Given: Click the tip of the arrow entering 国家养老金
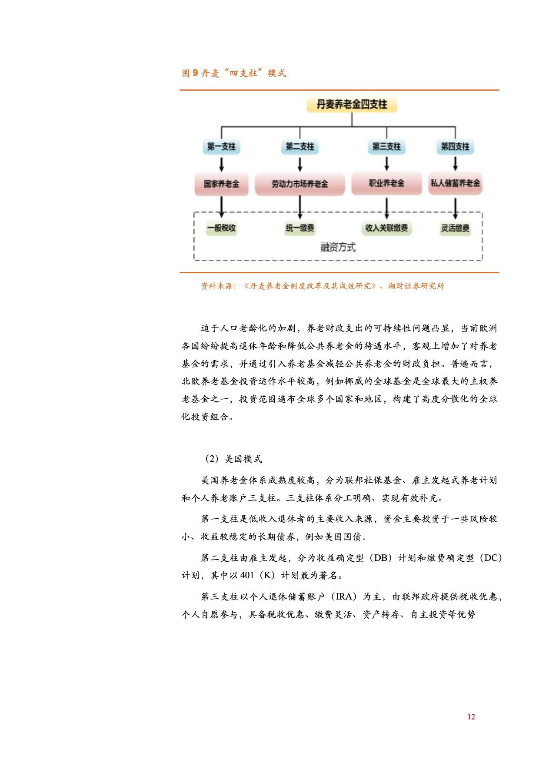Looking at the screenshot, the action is [222, 172].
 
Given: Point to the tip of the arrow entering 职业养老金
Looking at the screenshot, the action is [386, 171].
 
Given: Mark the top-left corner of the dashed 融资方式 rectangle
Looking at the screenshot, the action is [194, 212].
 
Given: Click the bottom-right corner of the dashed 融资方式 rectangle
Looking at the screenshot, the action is [482, 261].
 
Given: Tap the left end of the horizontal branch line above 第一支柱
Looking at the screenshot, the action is [222, 127].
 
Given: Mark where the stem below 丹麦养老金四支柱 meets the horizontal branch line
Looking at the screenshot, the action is [352, 127].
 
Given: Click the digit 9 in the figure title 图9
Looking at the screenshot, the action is [195, 73].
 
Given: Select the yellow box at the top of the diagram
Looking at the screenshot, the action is [352, 105].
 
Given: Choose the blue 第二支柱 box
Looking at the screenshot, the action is [300, 147].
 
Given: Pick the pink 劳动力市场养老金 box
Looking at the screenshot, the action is [300, 184].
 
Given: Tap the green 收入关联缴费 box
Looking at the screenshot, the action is [386, 228].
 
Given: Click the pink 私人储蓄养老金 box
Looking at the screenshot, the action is [455, 183].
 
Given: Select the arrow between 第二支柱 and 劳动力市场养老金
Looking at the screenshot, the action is [300, 164].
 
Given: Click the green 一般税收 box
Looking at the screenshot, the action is [222, 228].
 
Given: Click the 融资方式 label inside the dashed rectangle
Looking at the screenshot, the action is [338, 247].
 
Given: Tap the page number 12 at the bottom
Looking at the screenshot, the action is [471, 717].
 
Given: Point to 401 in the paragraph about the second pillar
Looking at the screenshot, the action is [247, 575].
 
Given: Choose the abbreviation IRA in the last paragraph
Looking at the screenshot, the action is [344, 596].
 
